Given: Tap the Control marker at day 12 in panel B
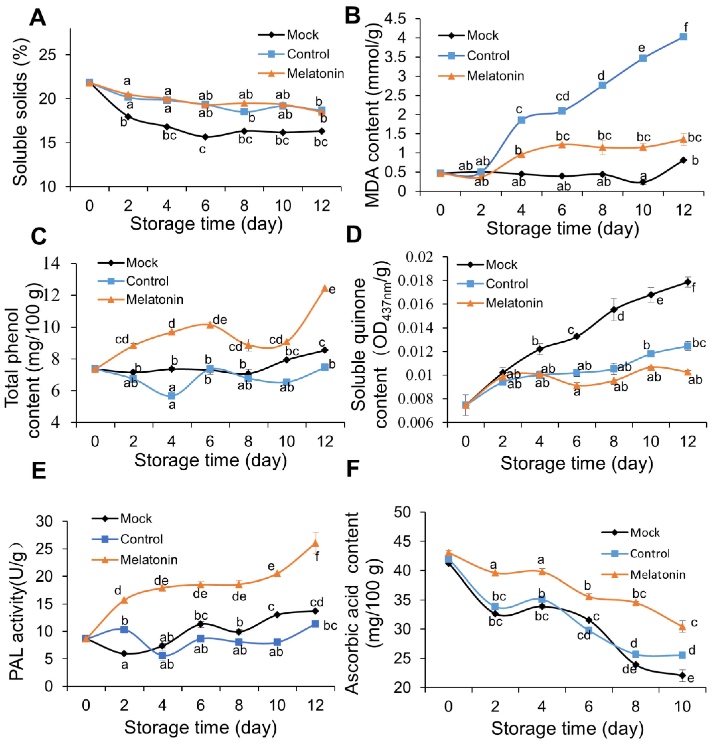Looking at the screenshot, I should [x=683, y=37].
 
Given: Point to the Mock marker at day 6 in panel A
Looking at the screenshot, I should [x=205, y=136].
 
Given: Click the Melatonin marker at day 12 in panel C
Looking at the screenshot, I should [x=325, y=288].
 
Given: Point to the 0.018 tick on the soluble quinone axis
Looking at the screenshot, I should [x=419, y=280].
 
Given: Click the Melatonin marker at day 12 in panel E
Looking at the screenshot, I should [x=315, y=543].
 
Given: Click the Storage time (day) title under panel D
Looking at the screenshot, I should [x=577, y=463].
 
